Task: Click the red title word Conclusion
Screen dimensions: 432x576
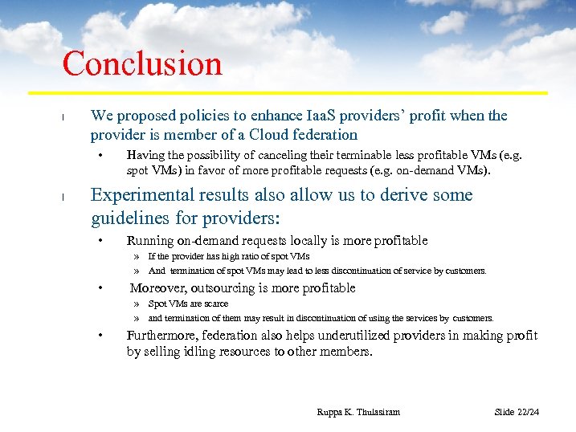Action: point(142,64)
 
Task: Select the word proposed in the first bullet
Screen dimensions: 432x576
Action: point(142,116)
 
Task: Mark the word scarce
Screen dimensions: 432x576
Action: point(214,304)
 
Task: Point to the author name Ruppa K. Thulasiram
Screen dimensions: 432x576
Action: point(358,412)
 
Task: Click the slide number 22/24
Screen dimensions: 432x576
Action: point(527,412)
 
